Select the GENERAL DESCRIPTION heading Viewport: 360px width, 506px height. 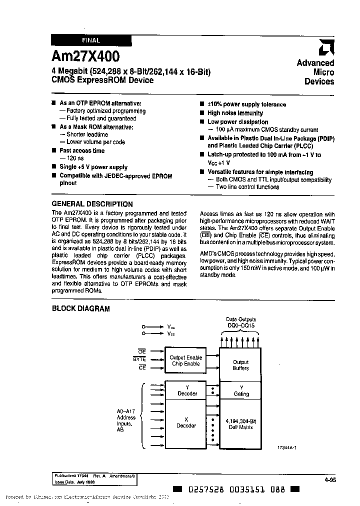(x=92, y=204)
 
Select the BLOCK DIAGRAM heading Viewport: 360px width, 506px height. (x=80, y=308)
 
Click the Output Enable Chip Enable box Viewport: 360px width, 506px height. (x=185, y=361)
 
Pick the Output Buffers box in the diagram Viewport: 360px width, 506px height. (x=240, y=365)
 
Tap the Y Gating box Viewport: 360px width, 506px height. (x=240, y=390)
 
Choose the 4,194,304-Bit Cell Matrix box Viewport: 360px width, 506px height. (x=240, y=423)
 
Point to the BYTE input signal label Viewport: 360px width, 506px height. (x=139, y=359)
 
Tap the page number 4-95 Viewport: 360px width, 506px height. (x=329, y=479)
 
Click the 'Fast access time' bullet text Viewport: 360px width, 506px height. (x=82, y=150)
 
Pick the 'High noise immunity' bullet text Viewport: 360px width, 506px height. (x=235, y=113)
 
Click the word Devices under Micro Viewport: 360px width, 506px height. (x=319, y=81)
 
